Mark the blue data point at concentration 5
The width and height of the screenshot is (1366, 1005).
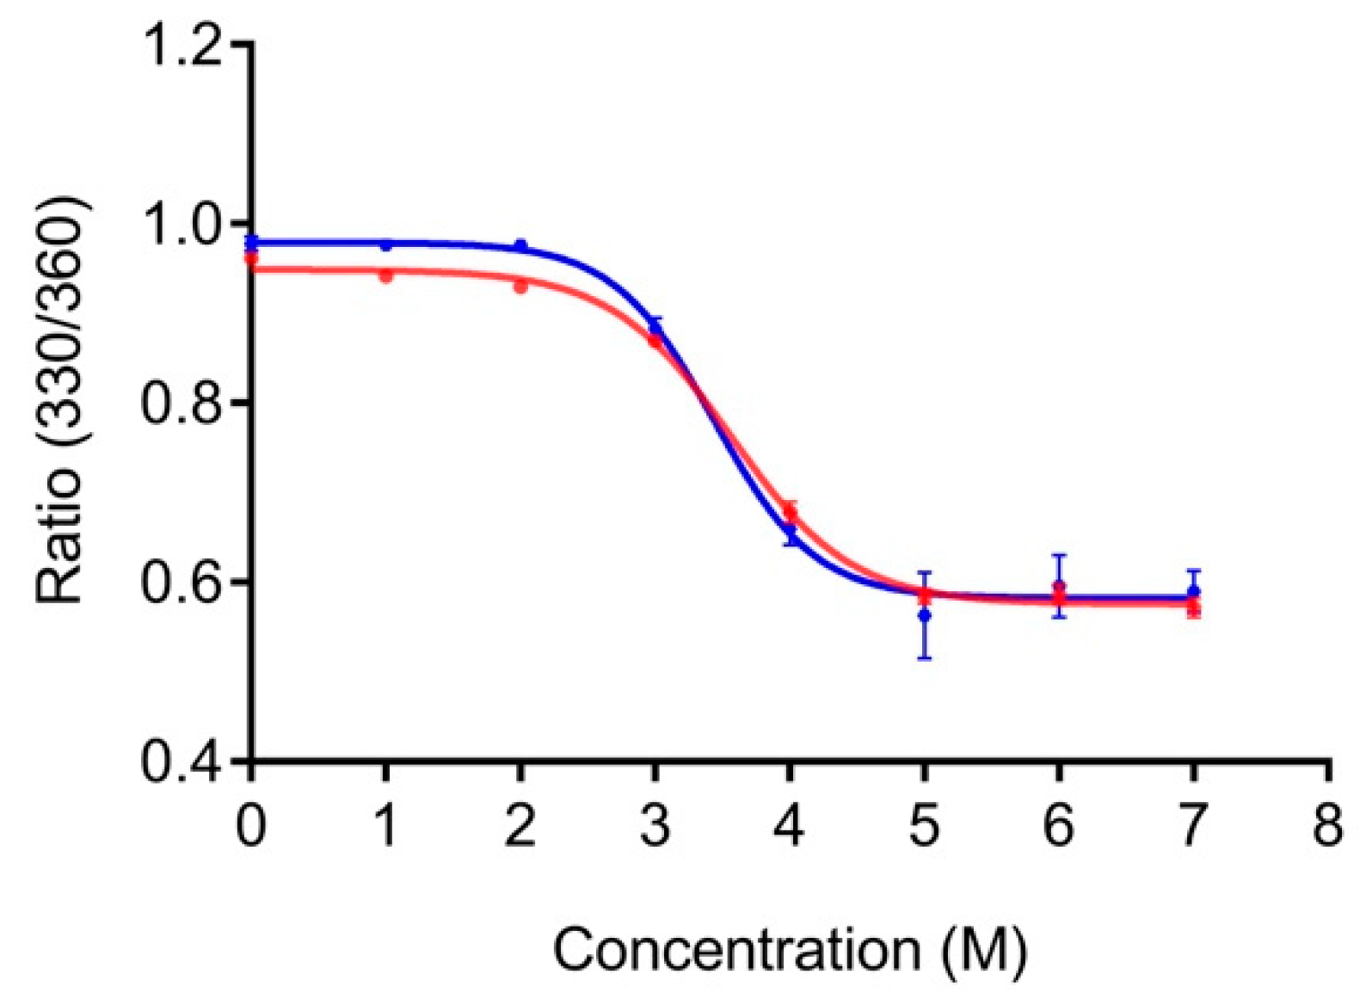coord(925,615)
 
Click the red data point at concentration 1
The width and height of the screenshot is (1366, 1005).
coord(386,276)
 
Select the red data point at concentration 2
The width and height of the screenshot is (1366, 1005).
coord(520,287)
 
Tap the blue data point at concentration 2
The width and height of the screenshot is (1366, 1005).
coord(520,246)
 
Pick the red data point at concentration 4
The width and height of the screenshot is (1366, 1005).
coord(790,513)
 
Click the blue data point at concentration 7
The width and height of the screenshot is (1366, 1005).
coord(1193,592)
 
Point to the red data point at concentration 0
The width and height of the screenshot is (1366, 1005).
coord(251,258)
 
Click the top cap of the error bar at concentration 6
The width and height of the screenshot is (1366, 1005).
coord(1059,555)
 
